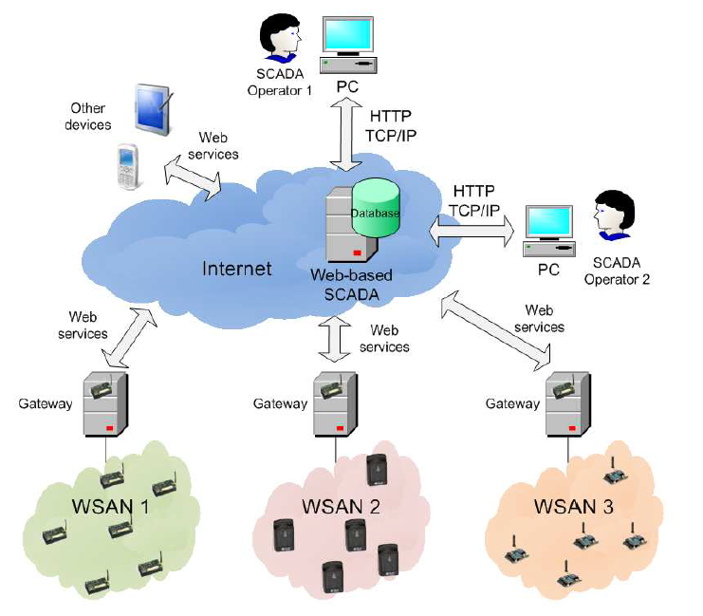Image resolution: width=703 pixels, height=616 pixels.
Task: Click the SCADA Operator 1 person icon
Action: [282, 36]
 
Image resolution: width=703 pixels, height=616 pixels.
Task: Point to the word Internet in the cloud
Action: [237, 269]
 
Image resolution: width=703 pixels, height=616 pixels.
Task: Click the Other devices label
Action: [87, 117]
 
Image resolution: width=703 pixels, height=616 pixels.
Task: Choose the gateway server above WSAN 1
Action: [105, 403]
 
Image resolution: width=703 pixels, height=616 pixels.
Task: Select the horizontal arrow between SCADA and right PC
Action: [471, 227]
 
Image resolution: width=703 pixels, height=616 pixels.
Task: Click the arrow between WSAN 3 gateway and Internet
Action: [496, 332]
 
